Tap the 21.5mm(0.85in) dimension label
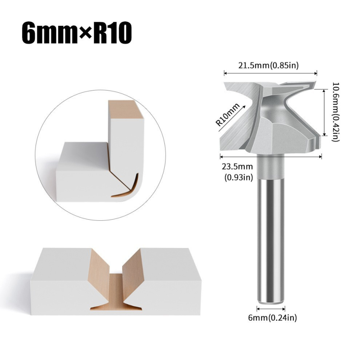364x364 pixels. point(268,66)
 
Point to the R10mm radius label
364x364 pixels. point(227,115)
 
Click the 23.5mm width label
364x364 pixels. point(237,167)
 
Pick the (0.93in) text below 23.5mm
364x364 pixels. point(238,177)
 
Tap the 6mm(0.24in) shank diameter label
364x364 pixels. point(273,317)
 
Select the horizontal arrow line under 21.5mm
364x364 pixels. point(270,73)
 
